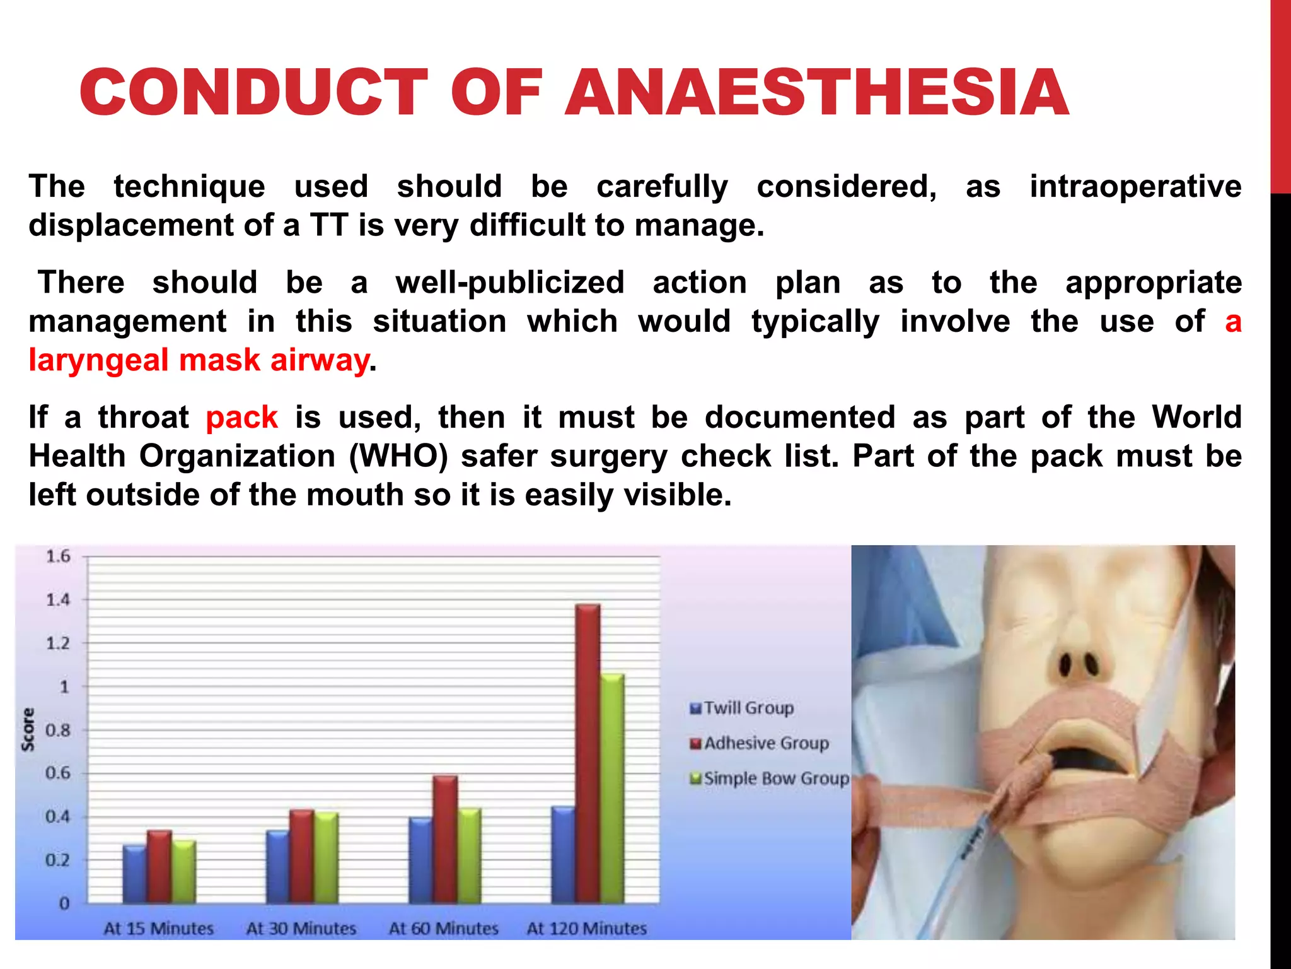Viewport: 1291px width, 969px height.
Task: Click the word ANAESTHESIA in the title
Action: [816, 93]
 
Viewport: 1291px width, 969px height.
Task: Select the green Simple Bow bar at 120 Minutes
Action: [612, 789]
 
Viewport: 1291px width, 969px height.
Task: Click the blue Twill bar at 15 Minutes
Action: [134, 874]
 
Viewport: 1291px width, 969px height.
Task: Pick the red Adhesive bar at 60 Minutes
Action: [445, 839]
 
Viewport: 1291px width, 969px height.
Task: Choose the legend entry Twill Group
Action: [742, 708]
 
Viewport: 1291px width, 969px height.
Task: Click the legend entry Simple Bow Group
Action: [770, 778]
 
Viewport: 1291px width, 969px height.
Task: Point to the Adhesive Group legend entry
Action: [760, 743]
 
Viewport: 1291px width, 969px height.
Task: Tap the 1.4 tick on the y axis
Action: [58, 600]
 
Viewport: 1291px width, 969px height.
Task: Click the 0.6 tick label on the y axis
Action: [58, 773]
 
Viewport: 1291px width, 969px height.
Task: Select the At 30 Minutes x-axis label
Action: [301, 929]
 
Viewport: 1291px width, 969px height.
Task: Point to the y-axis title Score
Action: [28, 729]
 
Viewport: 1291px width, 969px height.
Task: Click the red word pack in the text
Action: [241, 418]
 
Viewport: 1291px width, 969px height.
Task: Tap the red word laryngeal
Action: [100, 361]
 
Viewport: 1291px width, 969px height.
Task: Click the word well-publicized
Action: [509, 283]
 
